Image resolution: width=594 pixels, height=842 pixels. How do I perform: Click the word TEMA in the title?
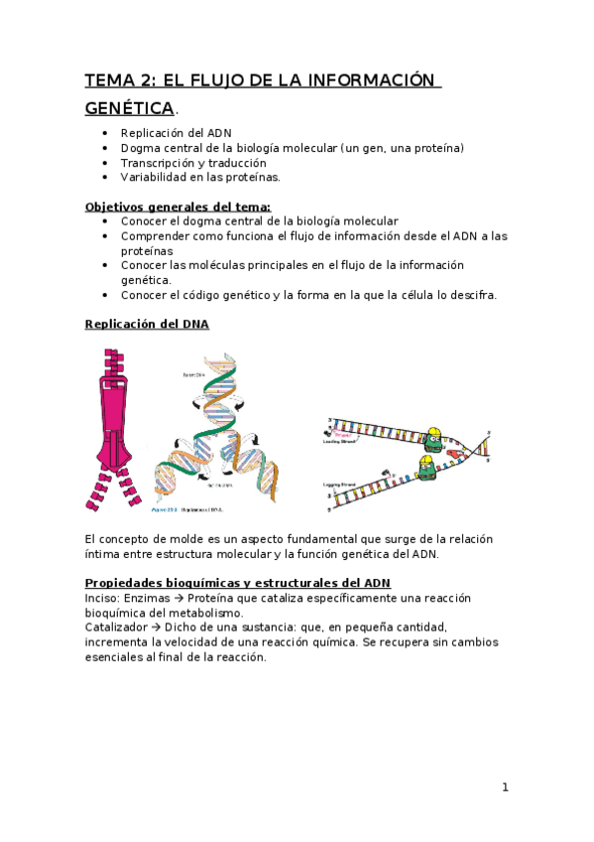(109, 80)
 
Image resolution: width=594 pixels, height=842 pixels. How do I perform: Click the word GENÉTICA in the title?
(129, 108)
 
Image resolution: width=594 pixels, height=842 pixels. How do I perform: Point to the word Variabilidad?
(157, 177)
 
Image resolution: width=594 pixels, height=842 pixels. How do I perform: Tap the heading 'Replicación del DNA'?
(147, 324)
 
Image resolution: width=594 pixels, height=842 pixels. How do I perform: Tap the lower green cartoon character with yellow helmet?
(426, 468)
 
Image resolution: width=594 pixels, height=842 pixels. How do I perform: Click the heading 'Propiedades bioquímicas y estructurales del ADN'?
(237, 582)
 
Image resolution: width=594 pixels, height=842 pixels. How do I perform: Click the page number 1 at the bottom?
(505, 787)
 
